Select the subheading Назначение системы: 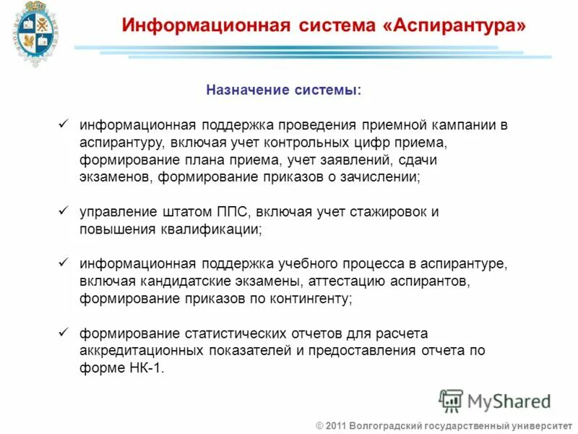[283, 90]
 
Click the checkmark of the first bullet [63, 124]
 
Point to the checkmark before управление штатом [63, 211]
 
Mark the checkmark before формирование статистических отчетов [63, 333]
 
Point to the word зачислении [383, 177]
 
